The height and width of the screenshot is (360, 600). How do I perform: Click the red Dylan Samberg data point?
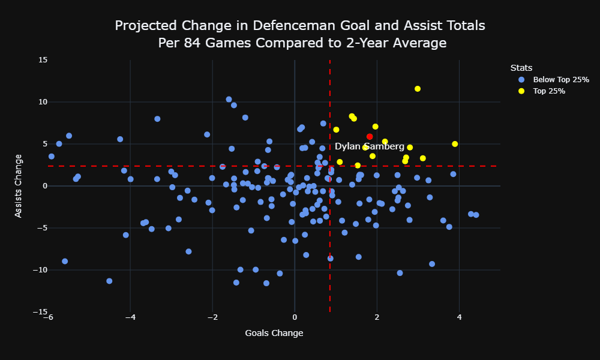click(x=370, y=137)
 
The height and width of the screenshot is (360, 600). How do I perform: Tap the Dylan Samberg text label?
click(x=369, y=146)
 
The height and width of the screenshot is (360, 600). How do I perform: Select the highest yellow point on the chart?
click(x=418, y=89)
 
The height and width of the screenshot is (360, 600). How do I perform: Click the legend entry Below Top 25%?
click(x=561, y=80)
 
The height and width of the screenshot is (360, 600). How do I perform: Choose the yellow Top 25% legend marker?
click(x=521, y=91)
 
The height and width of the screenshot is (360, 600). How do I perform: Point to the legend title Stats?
click(x=521, y=68)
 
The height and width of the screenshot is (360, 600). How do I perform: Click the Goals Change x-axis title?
click(x=274, y=333)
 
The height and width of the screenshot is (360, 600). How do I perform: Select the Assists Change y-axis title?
click(x=18, y=186)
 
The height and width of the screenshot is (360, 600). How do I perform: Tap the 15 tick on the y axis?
click(x=43, y=60)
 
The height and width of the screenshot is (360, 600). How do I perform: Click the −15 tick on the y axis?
click(x=40, y=312)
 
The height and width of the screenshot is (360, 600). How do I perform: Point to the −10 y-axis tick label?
click(x=40, y=270)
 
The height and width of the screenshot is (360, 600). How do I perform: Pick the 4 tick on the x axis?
click(x=459, y=317)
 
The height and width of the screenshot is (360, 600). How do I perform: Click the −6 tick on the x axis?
click(x=48, y=317)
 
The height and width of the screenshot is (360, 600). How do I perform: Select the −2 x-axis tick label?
click(x=212, y=317)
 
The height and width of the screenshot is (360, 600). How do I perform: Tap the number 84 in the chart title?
click(x=191, y=43)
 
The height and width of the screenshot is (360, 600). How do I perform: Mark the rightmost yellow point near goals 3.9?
click(x=455, y=144)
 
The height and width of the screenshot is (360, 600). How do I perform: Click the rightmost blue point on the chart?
click(x=476, y=215)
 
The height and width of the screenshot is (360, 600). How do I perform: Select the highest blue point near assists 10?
click(x=229, y=100)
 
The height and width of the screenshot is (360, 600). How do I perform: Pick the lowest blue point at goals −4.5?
click(x=109, y=281)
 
